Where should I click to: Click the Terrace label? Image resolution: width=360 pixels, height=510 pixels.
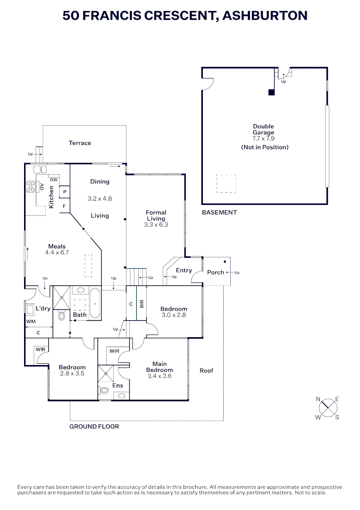[x=80, y=143]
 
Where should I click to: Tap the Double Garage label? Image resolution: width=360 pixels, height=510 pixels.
[x=263, y=129]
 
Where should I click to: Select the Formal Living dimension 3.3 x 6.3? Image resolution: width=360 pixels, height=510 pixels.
[x=156, y=225]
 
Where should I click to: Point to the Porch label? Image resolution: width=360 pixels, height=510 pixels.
[x=216, y=272]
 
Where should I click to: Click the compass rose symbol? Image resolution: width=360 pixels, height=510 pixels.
[x=328, y=408]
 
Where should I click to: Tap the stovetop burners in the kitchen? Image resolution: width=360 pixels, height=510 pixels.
[x=31, y=187]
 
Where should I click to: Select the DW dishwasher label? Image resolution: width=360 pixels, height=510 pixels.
[x=54, y=180]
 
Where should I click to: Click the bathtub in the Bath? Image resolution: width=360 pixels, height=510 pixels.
[x=95, y=303]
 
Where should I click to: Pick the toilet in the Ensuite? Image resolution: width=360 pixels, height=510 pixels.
[x=105, y=390]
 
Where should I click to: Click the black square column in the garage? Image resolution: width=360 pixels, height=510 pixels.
[x=271, y=93]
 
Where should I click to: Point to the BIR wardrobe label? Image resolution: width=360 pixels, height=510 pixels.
[x=142, y=304]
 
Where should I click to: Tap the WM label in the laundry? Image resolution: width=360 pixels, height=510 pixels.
[x=31, y=322]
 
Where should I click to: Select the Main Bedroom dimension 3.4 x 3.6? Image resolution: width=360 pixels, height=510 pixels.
[x=159, y=376]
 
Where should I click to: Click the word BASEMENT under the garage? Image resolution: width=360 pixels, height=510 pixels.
[x=219, y=212]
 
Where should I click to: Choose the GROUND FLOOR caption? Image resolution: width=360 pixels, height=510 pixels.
[x=94, y=426]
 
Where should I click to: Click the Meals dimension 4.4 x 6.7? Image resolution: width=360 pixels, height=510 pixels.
[x=57, y=252]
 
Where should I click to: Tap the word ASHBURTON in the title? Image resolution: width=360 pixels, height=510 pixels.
[x=265, y=16]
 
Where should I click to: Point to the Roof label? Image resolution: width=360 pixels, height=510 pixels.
[x=206, y=371]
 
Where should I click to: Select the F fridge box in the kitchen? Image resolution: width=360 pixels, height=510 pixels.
[x=64, y=206]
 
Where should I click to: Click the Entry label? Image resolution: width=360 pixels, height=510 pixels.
[x=184, y=270]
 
